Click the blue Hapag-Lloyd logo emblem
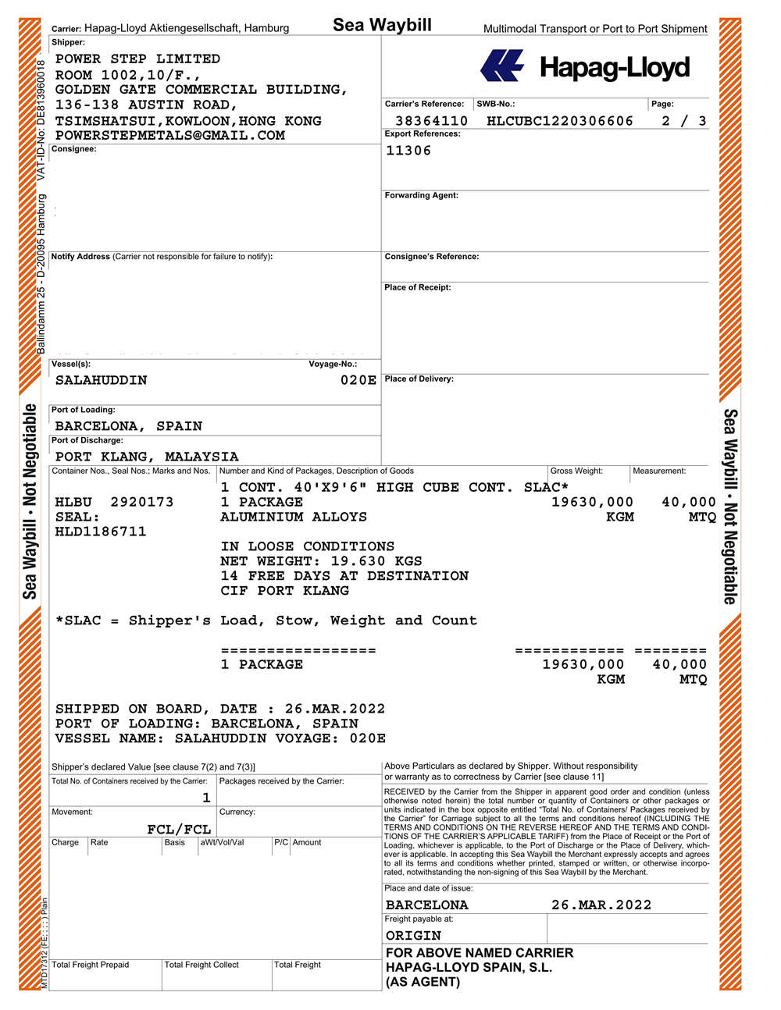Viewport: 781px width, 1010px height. click(501, 66)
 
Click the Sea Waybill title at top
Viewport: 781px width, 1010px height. click(382, 25)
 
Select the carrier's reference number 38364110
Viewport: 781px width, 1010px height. click(431, 121)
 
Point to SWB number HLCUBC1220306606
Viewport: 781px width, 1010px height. click(559, 121)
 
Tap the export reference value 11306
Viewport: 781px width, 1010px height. click(408, 151)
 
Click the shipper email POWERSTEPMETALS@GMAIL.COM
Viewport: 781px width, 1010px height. click(170, 135)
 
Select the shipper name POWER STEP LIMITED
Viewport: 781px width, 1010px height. click(137, 59)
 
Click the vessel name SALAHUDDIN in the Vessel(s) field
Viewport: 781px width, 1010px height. click(101, 380)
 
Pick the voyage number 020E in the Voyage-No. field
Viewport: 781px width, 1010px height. click(358, 380)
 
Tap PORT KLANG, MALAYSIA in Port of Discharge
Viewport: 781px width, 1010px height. click(147, 457)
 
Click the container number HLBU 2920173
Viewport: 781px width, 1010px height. click(114, 502)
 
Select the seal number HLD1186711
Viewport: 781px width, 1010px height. click(101, 532)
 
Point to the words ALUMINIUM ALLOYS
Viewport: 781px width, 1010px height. click(294, 517)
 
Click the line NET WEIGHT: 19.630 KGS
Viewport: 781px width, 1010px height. click(321, 561)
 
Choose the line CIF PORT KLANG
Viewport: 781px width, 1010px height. click(284, 591)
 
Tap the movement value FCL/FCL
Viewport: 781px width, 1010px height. click(179, 829)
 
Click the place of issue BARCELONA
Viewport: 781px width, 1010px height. click(426, 905)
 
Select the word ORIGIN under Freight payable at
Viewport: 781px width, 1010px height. click(413, 935)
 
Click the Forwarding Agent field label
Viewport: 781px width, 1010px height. click(421, 195)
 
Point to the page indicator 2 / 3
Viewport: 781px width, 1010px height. click(683, 121)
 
